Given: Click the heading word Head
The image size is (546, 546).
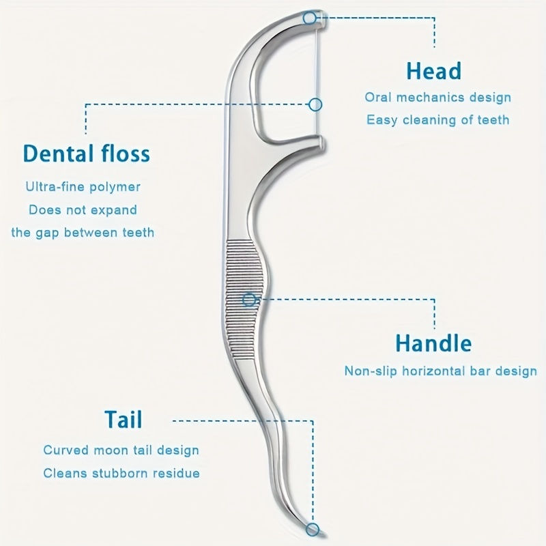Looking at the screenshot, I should click(433, 71).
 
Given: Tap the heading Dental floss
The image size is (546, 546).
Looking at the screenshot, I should click(87, 153).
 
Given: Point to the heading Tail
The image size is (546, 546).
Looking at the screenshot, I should click(123, 419).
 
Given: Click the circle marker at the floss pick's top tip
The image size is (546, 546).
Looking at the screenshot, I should click(311, 18).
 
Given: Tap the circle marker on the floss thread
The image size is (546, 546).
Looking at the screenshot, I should click(315, 104).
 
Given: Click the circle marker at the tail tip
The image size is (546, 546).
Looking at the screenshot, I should click(313, 530).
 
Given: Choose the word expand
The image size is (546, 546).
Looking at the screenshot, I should click(114, 210).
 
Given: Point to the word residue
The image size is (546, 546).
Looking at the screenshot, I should click(178, 472).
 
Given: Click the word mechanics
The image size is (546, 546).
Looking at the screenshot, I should click(434, 98).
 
